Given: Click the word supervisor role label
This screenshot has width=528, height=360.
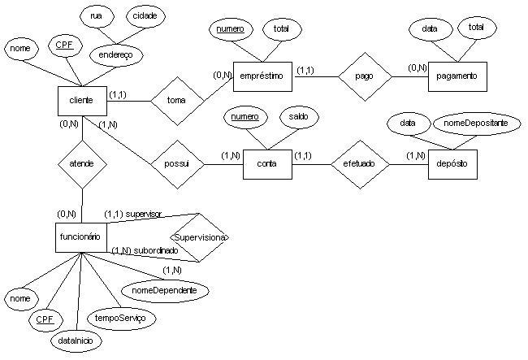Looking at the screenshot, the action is [x=144, y=215].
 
